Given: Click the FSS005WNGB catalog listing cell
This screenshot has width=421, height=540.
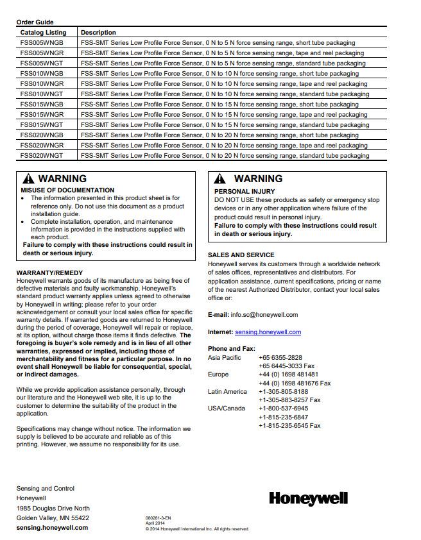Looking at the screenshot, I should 42,43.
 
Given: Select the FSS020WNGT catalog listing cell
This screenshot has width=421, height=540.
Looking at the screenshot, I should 42,156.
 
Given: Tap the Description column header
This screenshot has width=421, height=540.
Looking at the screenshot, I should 98,32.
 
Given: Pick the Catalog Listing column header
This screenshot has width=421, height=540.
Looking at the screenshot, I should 43,32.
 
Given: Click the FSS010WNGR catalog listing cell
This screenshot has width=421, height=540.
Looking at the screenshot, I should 42,84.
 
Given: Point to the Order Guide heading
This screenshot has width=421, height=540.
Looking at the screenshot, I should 35,22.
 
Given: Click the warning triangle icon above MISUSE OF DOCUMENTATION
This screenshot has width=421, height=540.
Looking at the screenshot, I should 28,180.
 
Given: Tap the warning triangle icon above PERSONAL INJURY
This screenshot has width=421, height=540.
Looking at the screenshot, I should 220,180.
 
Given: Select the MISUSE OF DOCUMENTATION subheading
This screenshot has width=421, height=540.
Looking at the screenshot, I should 67,190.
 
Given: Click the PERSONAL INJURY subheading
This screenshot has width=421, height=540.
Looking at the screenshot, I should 244,192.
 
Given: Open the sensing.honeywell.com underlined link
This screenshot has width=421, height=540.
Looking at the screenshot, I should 268,332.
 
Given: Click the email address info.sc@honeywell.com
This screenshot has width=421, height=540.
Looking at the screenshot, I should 264,315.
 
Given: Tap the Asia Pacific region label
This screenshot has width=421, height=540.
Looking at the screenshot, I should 225,358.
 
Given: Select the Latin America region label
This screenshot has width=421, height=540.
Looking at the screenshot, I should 227,392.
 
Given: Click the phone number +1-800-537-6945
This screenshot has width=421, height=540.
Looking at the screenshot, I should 283,409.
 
